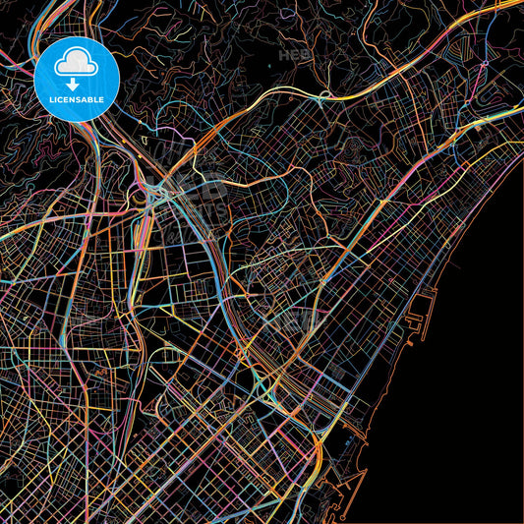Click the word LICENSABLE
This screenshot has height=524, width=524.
(77, 99)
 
